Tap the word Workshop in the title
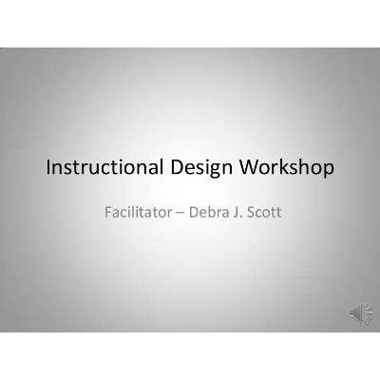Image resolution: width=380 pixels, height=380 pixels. pyautogui.click(x=289, y=169)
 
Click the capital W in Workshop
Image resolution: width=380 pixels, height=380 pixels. pyautogui.click(x=252, y=169)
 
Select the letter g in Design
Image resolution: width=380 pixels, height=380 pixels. pyautogui.click(x=216, y=172)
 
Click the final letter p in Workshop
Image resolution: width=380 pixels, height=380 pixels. pyautogui.click(x=328, y=172)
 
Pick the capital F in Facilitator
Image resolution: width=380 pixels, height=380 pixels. pyautogui.click(x=108, y=210)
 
